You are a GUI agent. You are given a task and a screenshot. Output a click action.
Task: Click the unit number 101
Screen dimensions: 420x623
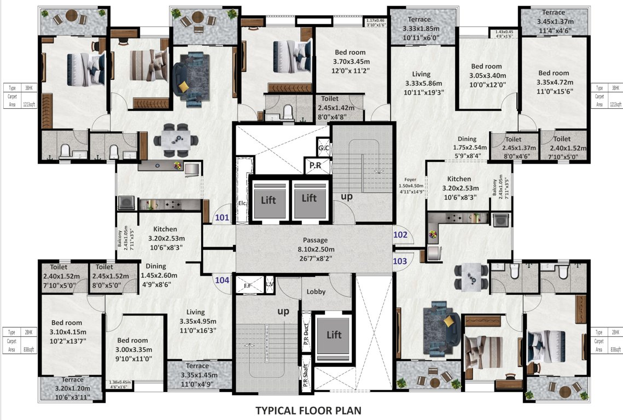222,218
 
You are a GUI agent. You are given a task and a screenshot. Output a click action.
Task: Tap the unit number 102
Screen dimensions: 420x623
400,235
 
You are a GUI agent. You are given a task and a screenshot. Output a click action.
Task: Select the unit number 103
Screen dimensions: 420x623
400,261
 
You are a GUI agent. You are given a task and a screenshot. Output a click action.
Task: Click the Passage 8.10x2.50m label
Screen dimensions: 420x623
315,249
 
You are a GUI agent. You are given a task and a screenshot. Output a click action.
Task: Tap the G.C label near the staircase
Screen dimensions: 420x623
323,148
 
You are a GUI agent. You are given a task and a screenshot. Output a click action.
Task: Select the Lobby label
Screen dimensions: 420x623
316,291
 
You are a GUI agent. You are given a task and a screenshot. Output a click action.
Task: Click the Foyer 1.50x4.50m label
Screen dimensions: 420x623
410,185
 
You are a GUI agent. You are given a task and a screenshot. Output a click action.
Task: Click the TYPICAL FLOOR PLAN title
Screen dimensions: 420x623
308,410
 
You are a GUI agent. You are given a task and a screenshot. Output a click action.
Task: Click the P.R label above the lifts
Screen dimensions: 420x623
315,166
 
